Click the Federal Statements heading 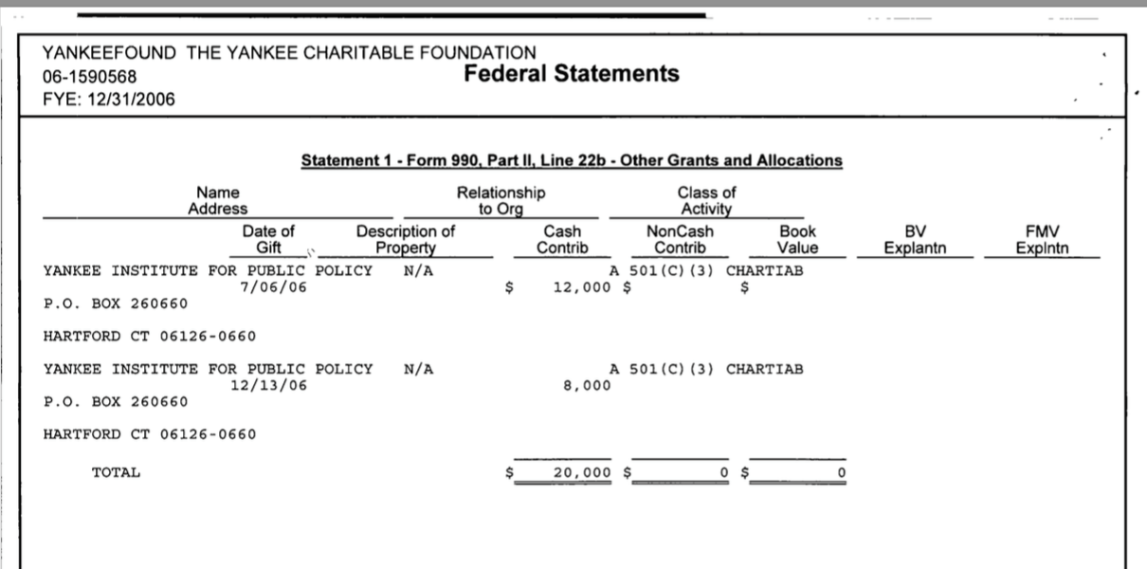(x=572, y=73)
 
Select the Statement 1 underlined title (x=572, y=160)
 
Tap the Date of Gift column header (x=268, y=239)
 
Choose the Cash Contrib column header (x=562, y=239)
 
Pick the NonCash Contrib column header (x=680, y=239)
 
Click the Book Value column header (x=796, y=239)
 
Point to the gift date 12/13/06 (x=268, y=385)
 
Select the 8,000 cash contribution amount (x=587, y=385)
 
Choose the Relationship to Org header (x=501, y=199)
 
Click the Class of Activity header (x=706, y=199)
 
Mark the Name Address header (x=217, y=199)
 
